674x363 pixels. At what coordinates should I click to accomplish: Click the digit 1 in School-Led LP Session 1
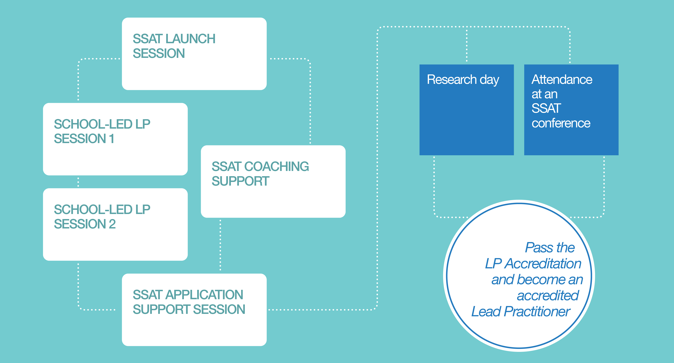pyautogui.click(x=112, y=139)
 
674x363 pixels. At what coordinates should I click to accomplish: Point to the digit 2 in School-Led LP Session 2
pyautogui.click(x=112, y=224)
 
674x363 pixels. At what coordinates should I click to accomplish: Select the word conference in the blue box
pyautogui.click(x=561, y=123)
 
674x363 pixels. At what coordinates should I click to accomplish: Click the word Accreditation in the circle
pyautogui.click(x=543, y=263)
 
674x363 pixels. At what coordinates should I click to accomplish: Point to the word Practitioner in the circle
pyautogui.click(x=537, y=311)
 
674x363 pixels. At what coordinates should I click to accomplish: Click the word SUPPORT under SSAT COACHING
pyautogui.click(x=240, y=181)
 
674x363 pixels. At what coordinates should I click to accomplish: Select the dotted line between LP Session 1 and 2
pyautogui.click(x=78, y=182)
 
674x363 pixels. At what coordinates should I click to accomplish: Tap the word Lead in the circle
pyautogui.click(x=486, y=311)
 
